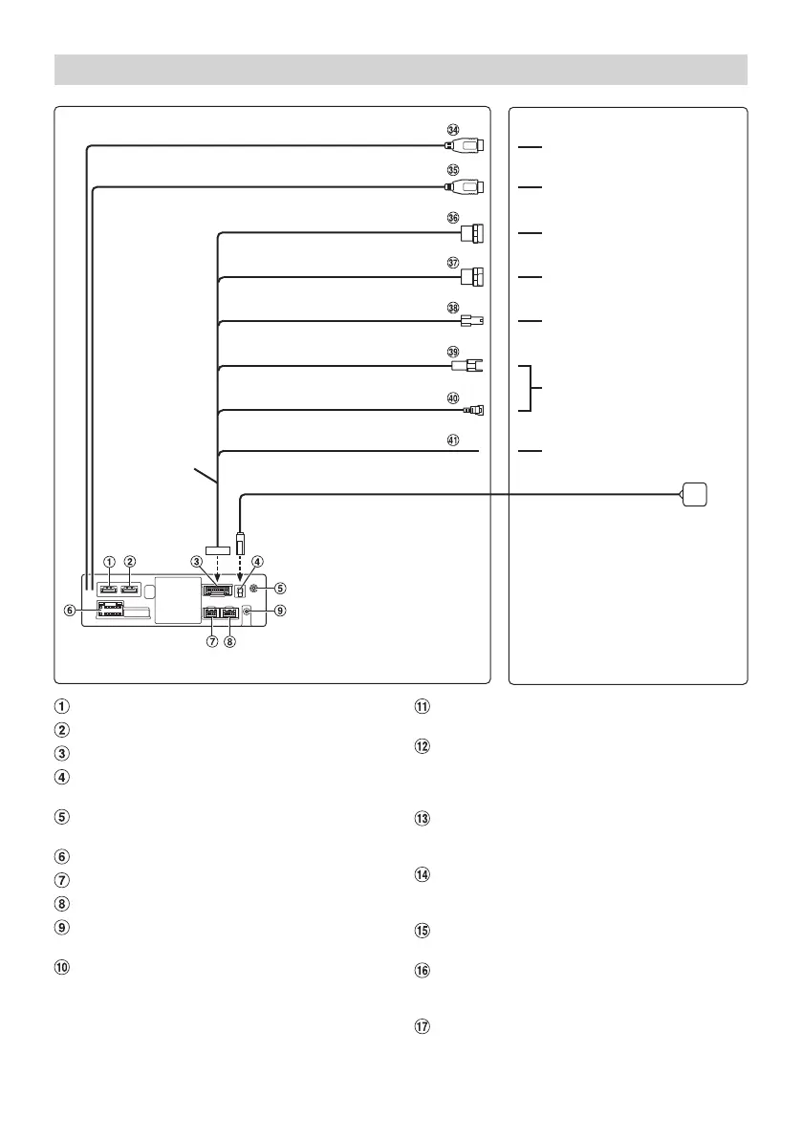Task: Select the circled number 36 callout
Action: click(453, 217)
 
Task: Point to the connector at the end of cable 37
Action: click(471, 277)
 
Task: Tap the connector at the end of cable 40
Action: click(474, 411)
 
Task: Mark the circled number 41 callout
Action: click(453, 440)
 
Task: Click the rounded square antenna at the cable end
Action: click(696, 494)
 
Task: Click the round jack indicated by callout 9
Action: click(248, 611)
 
